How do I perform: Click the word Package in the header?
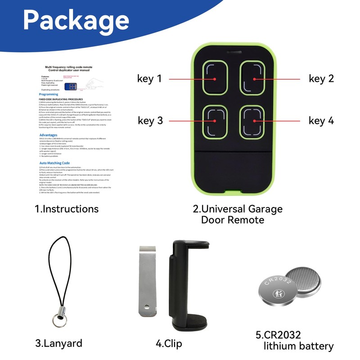pyautogui.click(x=76, y=20)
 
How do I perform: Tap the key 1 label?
pyautogui.click(x=149, y=79)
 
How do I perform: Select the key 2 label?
pyautogui.click(x=321, y=78)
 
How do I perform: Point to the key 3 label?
pyautogui.click(x=150, y=121)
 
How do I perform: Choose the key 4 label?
pyautogui.click(x=321, y=121)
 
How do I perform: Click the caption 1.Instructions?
pyautogui.click(x=67, y=209)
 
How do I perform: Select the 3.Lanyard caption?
pyautogui.click(x=58, y=343)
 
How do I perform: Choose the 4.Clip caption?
pyautogui.click(x=169, y=343)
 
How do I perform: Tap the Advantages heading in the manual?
pyautogui.click(x=48, y=135)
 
